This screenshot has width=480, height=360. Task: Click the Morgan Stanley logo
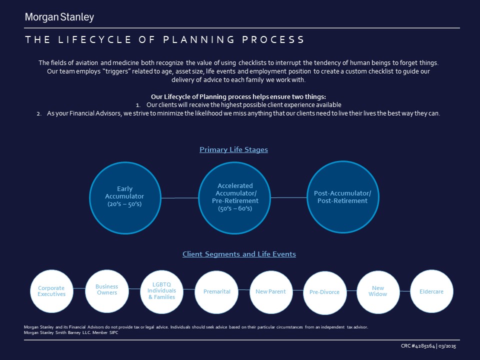(59, 17)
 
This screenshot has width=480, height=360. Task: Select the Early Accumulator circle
(124, 196)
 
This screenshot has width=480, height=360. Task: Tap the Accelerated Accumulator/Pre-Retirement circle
(235, 196)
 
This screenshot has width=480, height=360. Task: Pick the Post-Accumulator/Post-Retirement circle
(341, 196)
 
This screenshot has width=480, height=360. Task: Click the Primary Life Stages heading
(233, 149)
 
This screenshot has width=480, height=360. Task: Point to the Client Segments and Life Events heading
(239, 254)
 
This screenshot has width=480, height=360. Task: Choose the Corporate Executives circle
(51, 291)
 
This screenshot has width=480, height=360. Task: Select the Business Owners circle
(106, 289)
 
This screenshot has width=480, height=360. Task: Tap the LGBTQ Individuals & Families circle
(161, 290)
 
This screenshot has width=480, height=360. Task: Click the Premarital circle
(216, 291)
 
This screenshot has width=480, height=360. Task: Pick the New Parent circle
(270, 291)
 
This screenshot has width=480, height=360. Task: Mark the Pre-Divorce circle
(324, 292)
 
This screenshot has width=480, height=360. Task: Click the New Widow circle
(377, 291)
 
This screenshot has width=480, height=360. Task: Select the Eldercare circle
(431, 291)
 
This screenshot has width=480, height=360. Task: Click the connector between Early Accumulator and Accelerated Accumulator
(180, 198)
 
